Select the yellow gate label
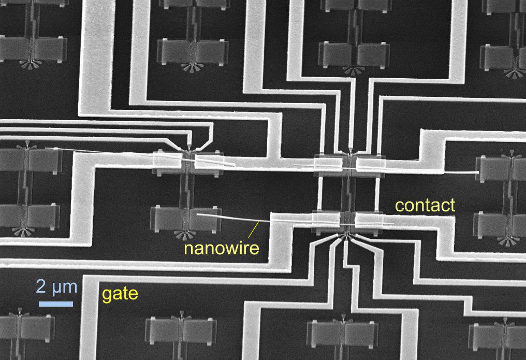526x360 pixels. click(x=120, y=294)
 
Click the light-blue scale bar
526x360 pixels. click(x=56, y=303)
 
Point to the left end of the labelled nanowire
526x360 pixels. click(x=197, y=213)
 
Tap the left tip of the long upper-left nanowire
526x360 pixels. click(x=47, y=149)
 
